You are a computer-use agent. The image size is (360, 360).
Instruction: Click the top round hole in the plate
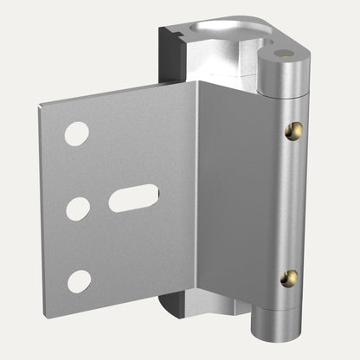pyautogui.click(x=77, y=133)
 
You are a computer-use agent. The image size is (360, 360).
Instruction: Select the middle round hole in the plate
pyautogui.click(x=78, y=208)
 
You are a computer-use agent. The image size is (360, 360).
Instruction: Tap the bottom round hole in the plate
pyautogui.click(x=79, y=280)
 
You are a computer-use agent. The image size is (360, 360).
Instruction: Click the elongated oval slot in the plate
pyautogui.click(x=133, y=198)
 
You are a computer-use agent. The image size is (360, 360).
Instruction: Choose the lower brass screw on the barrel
pyautogui.click(x=290, y=278)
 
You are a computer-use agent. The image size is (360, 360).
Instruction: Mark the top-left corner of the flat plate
pyautogui.click(x=40, y=106)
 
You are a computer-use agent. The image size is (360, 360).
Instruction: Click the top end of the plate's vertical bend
pyautogui.click(x=197, y=83)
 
